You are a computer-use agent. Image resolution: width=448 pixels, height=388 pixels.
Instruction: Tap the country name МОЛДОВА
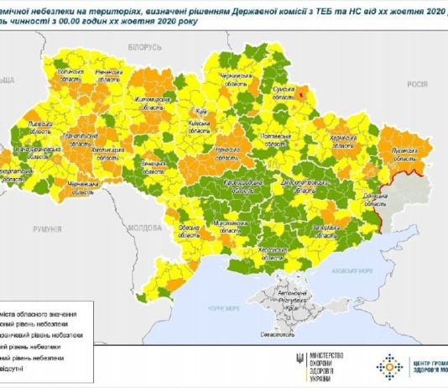pos(149,228)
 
